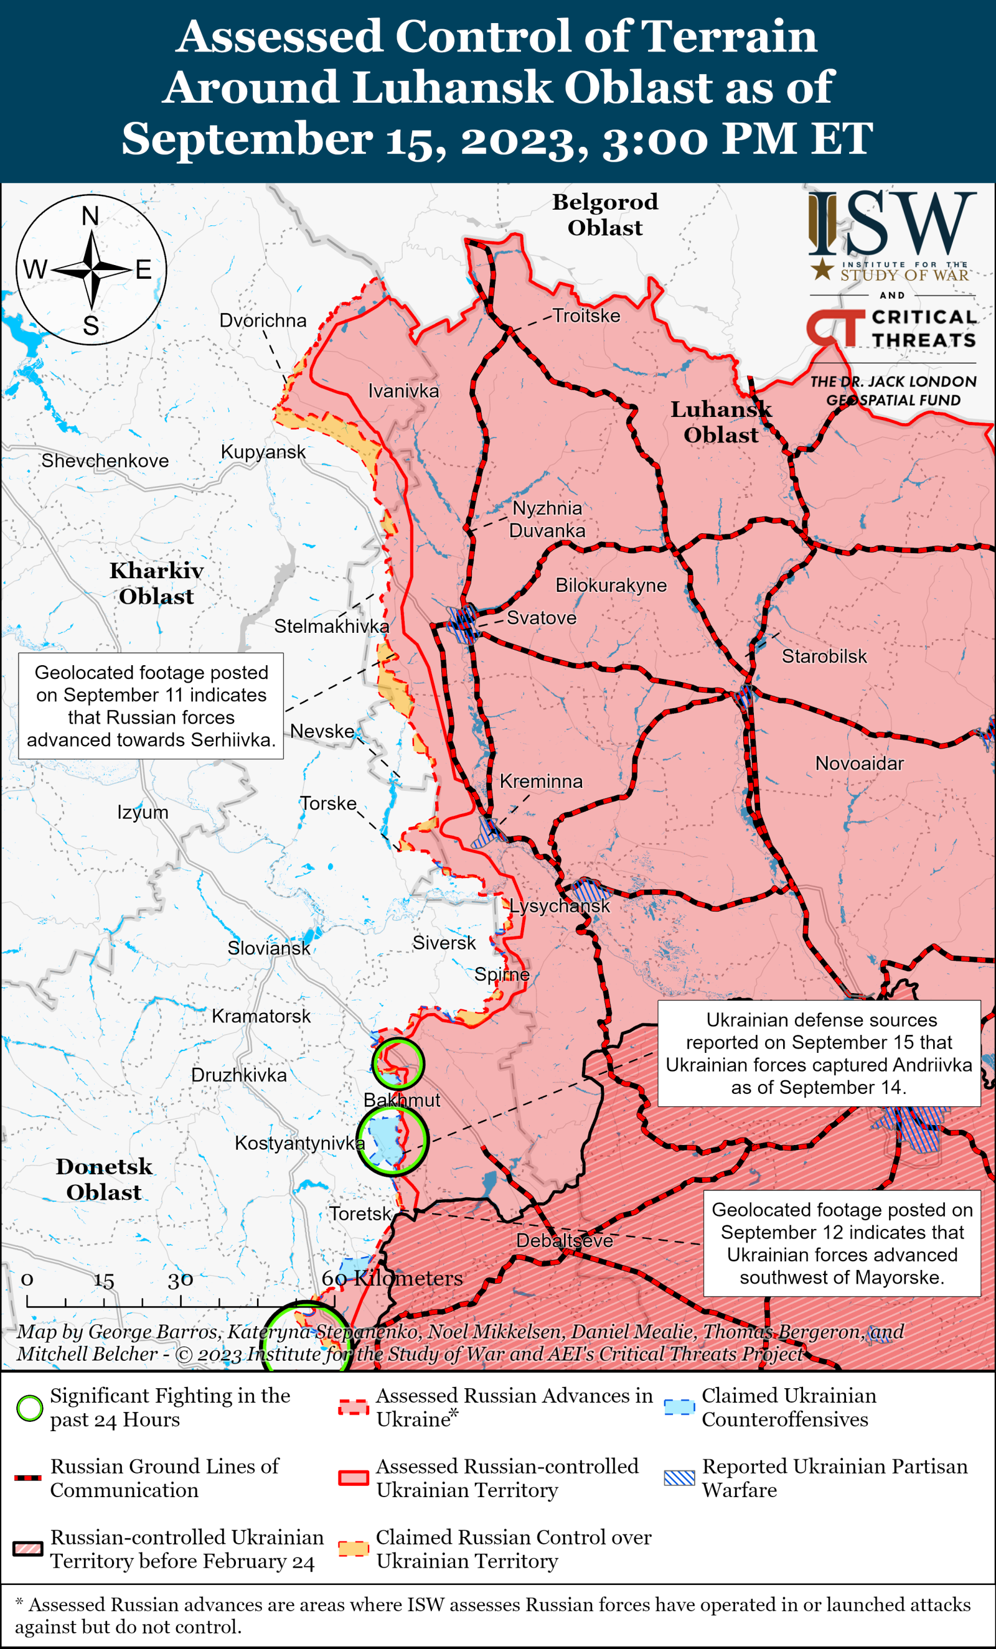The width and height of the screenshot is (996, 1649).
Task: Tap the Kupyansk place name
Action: (x=263, y=452)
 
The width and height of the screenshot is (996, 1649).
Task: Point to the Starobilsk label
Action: (x=824, y=656)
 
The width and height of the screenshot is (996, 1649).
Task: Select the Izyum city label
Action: (x=143, y=813)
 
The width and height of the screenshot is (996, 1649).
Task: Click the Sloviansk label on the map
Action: (x=268, y=948)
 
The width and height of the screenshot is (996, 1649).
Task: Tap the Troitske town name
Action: (x=586, y=315)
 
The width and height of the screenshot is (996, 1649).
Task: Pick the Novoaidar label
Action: (x=859, y=763)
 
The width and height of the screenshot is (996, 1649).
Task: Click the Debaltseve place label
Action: (x=563, y=1240)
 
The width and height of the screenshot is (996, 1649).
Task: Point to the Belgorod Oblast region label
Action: (x=604, y=214)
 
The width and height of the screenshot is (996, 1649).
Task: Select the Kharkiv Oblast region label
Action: (x=156, y=583)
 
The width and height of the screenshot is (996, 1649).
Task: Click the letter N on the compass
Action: (x=90, y=215)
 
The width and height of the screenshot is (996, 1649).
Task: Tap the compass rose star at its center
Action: (x=91, y=269)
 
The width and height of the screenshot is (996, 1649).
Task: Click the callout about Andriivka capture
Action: (x=819, y=1053)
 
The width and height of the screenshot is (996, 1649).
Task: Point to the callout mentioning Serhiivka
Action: (x=151, y=706)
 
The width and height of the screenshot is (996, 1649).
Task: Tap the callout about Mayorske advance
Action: (x=842, y=1243)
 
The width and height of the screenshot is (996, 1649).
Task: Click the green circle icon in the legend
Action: (x=29, y=1408)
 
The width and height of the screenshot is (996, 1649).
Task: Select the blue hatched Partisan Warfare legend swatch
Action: (x=679, y=1478)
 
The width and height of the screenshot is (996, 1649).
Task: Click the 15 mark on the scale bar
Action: (x=103, y=1281)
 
